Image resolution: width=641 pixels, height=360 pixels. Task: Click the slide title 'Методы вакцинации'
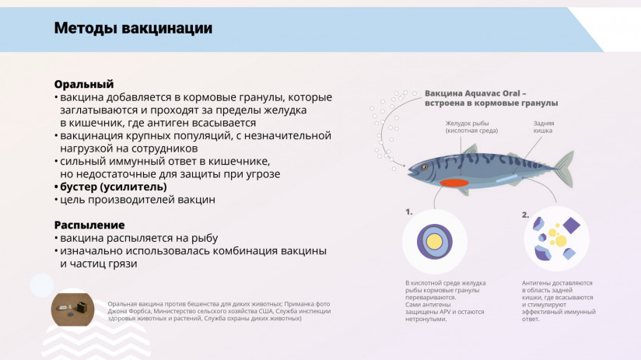[x=132, y=29]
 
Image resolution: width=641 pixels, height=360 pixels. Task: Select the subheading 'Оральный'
[x=84, y=84]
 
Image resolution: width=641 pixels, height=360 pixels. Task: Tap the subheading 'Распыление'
[x=89, y=225]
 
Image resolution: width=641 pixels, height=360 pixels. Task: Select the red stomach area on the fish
[x=453, y=183]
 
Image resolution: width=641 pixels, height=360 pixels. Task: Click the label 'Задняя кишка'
[x=543, y=127]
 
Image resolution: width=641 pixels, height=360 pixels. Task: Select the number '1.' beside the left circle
[x=408, y=211]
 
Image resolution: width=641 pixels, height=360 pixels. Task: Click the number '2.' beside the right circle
[x=525, y=215]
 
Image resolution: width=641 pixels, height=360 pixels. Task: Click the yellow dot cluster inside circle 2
[x=553, y=233]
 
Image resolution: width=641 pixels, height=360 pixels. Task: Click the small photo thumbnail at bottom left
[x=72, y=309]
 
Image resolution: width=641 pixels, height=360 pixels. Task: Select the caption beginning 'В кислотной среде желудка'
[x=445, y=301]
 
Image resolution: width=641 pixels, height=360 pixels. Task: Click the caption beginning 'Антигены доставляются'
[x=558, y=301]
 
